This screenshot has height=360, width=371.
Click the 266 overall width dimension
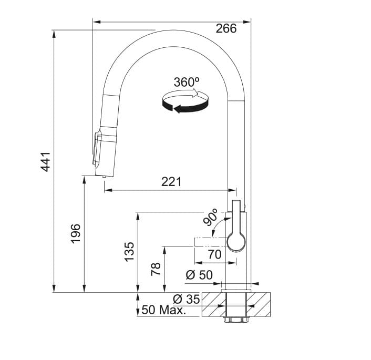(x=226, y=28)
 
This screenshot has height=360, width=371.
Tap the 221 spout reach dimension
(x=171, y=182)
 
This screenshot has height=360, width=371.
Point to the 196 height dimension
(x=76, y=233)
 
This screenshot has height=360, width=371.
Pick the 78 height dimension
(x=156, y=270)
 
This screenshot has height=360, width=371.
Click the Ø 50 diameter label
(x=199, y=275)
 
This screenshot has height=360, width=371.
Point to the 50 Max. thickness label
(x=164, y=310)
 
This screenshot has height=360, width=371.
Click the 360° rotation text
(x=187, y=83)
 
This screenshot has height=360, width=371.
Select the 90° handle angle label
(x=211, y=218)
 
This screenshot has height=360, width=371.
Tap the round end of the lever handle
(x=236, y=242)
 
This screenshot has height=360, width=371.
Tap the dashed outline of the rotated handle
(x=210, y=242)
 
